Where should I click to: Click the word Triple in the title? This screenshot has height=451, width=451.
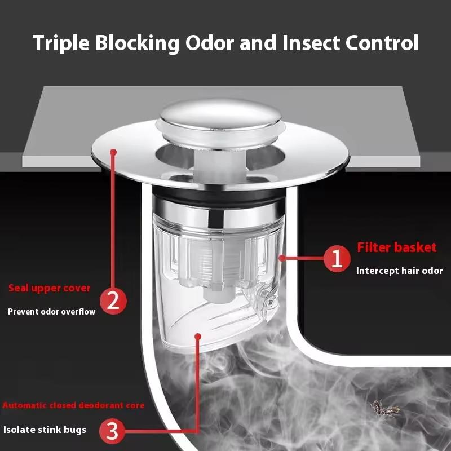click(x=61, y=44)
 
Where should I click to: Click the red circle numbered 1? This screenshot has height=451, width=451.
click(x=337, y=259)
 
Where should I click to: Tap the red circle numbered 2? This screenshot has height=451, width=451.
click(x=113, y=301)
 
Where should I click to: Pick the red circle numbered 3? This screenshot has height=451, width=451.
click(x=112, y=431)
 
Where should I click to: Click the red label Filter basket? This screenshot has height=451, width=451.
click(x=397, y=247)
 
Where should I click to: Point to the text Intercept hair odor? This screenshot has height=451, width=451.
click(x=399, y=271)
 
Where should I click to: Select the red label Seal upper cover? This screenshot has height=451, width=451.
click(x=50, y=288)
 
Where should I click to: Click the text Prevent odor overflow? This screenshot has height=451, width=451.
click(x=51, y=312)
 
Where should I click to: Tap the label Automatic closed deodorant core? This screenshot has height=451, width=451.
click(x=73, y=405)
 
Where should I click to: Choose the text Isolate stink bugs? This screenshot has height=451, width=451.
click(x=45, y=430)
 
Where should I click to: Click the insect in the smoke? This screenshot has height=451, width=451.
click(x=384, y=409)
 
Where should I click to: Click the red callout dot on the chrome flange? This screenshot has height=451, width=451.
click(x=113, y=152)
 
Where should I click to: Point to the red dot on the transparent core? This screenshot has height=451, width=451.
click(x=198, y=336)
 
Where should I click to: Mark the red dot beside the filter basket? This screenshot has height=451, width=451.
click(x=282, y=258)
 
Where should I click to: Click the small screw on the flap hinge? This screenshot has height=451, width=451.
click(x=270, y=301)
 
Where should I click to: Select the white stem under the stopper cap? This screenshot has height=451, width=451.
click(x=220, y=164)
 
